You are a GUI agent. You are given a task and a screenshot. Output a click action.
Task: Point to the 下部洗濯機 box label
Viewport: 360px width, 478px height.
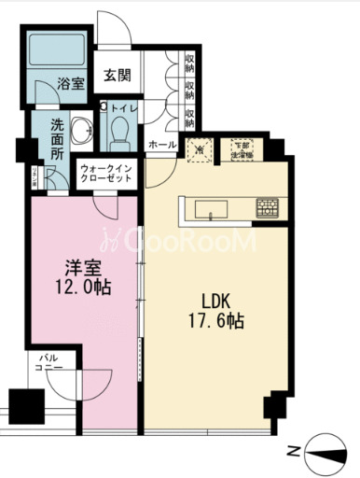242,148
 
